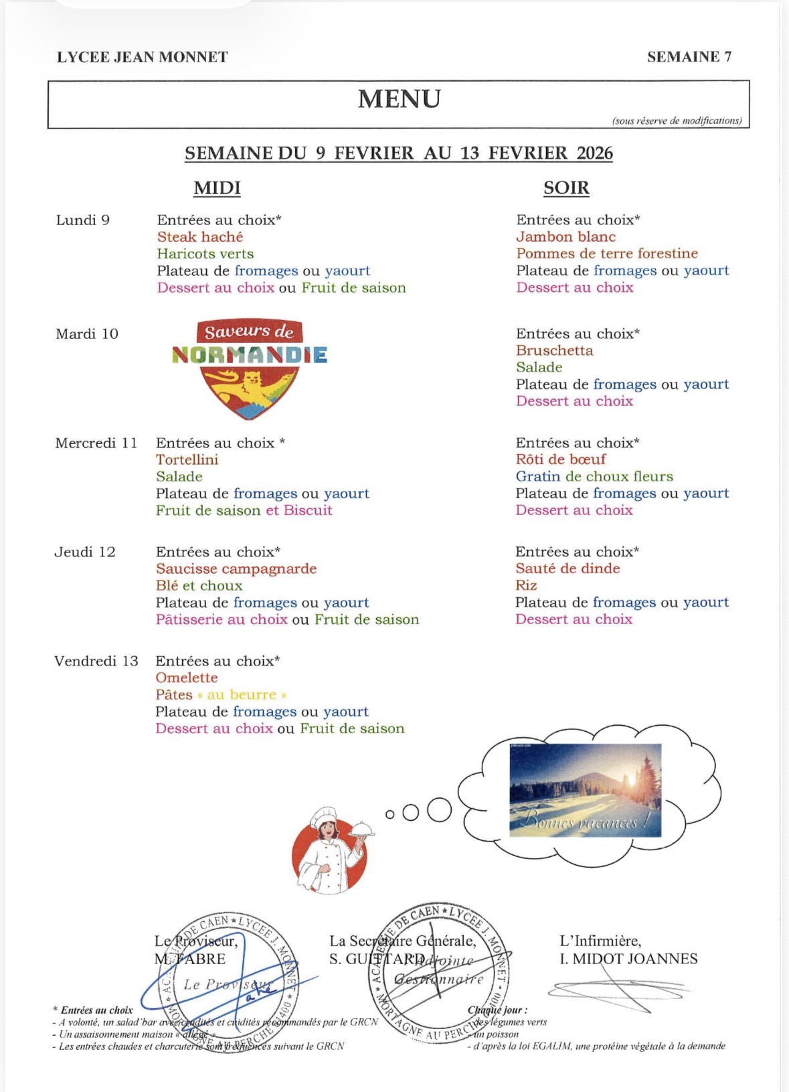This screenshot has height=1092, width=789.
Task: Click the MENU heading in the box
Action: [399, 99]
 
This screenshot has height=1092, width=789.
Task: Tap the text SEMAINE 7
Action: [689, 57]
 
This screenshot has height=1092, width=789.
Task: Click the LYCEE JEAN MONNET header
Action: [143, 57]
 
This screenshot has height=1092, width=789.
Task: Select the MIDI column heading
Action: [217, 188]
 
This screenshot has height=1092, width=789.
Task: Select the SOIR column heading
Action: [566, 188]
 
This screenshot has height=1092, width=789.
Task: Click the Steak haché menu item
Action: [200, 237]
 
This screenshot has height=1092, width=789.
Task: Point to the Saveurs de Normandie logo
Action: [250, 368]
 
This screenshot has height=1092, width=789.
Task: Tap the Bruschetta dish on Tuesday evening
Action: [554, 350]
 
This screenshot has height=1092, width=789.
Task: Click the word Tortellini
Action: [187, 459]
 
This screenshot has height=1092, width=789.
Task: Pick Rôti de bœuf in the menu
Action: [561, 459]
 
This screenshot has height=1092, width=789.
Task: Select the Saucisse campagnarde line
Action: [236, 568]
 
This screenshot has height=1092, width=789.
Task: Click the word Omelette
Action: [187, 678]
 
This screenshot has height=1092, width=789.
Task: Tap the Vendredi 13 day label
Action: [96, 661]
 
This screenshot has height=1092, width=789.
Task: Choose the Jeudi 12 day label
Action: [85, 552]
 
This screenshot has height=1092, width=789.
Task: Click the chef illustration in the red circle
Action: [329, 852]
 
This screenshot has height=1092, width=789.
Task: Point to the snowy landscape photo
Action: [585, 790]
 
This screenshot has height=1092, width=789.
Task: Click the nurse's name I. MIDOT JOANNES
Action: [628, 959]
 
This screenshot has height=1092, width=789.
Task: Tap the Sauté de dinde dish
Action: [567, 568]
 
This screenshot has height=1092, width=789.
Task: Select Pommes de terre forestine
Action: [607, 254]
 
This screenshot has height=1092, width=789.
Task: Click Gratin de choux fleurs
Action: [594, 476]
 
